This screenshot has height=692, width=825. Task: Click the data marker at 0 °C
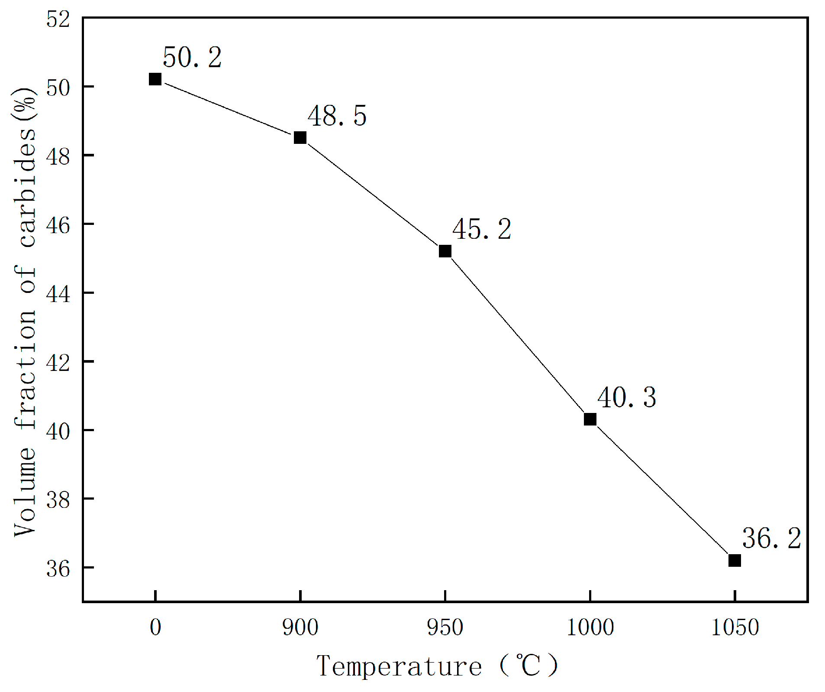click(155, 79)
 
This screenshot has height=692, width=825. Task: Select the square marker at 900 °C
click(300, 138)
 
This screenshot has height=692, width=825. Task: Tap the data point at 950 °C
click(445, 251)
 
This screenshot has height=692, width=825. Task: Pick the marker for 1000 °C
click(590, 419)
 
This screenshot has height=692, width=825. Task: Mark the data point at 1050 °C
click(735, 560)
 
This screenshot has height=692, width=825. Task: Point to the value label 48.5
click(337, 116)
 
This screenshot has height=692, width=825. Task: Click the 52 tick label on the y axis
click(58, 19)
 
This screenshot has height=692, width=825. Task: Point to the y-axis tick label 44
click(58, 294)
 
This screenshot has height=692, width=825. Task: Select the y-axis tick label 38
click(58, 500)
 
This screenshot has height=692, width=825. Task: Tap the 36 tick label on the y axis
click(58, 569)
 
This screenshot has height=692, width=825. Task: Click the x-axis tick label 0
click(155, 627)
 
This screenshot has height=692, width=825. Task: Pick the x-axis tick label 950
click(445, 627)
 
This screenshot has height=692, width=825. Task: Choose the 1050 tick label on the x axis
click(735, 627)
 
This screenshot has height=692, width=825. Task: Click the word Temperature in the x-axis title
click(399, 666)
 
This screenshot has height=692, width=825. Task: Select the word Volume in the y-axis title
click(25, 492)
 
